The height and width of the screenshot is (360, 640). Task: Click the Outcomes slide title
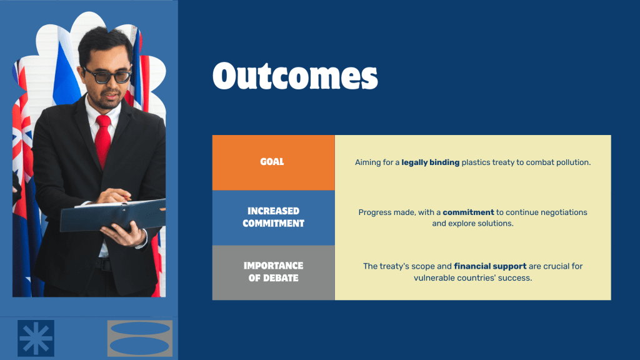point(295,76)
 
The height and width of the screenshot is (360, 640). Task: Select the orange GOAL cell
point(274,162)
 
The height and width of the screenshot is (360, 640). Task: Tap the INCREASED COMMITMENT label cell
point(274,217)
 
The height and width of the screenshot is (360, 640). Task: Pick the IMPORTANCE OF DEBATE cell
point(274,272)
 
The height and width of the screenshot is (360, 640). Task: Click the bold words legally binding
point(430,162)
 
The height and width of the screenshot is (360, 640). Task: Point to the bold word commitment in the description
point(468,212)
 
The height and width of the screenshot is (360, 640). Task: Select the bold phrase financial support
point(490,266)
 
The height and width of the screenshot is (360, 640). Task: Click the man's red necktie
point(103,140)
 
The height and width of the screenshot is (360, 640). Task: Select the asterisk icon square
point(36,338)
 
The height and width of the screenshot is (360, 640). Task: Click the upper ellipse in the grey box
point(140,329)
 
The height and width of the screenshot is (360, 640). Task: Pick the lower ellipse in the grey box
point(139,346)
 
